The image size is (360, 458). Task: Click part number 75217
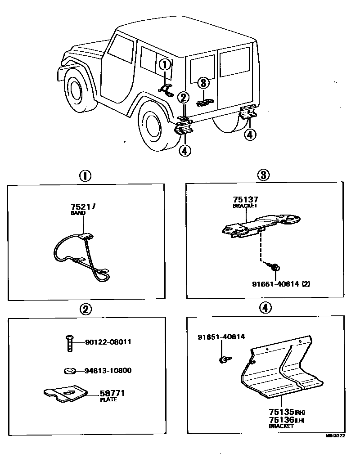(83, 207)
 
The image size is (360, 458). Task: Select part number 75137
(246, 200)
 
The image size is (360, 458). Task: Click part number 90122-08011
(108, 342)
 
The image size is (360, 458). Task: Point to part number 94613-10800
(108, 371)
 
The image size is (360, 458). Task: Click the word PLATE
(108, 400)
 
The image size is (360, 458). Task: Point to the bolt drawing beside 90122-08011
(69, 343)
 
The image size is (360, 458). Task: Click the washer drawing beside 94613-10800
(70, 371)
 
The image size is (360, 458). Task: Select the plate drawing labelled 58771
(65, 394)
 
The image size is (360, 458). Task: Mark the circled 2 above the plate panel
(85, 309)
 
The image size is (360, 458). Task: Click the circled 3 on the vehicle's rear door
(203, 83)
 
